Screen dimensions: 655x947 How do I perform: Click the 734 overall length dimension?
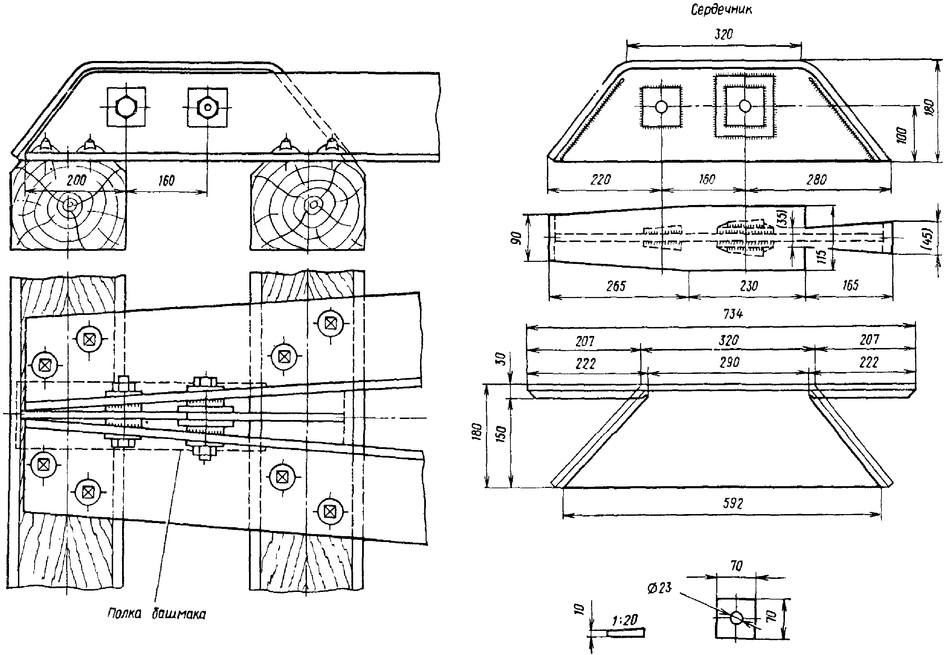732,314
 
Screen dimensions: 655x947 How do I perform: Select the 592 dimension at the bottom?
732,503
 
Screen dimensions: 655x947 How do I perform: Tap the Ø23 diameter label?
659,588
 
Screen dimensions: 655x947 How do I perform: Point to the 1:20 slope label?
625,620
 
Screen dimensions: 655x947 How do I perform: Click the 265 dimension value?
616,286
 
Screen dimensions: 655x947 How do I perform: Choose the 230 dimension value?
749,286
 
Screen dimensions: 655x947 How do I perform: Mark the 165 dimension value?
850,285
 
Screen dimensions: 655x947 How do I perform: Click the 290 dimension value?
729,362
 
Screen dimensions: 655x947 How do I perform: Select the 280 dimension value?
816,180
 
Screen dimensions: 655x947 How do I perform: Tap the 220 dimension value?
600,180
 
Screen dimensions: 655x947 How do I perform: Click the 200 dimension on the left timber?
76,180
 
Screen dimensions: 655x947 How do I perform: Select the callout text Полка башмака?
157,614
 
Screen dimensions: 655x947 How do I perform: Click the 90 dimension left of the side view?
516,238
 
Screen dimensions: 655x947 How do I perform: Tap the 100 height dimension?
901,135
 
